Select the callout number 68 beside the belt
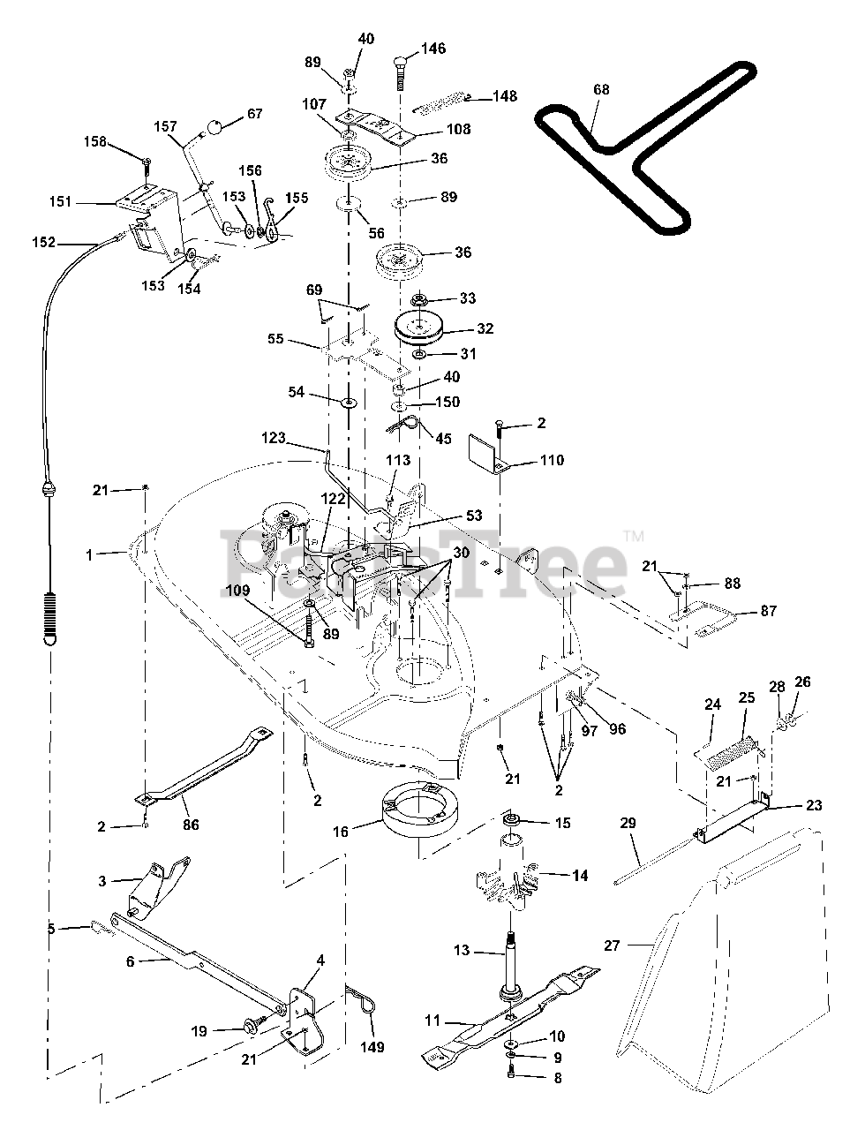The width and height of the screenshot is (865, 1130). click(602, 90)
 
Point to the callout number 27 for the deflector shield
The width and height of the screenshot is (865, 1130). click(613, 945)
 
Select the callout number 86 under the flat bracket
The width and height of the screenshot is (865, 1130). click(191, 825)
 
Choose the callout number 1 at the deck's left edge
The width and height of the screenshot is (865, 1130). click(88, 555)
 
